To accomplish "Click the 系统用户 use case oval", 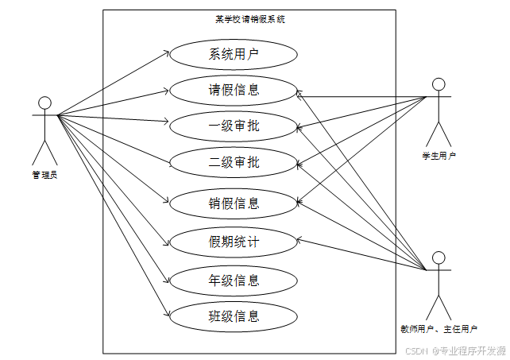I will [x=234, y=55].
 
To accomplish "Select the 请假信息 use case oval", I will [x=234, y=90].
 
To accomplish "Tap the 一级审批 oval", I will [x=234, y=126].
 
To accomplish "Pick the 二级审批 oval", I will [x=234, y=163].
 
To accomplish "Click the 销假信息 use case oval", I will [x=234, y=203].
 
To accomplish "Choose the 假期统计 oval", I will [x=234, y=242].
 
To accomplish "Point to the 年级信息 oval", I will [x=234, y=280].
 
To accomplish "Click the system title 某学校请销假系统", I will [x=249, y=19].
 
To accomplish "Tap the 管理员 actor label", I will [x=44, y=175].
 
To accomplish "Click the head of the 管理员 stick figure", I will [x=44, y=103].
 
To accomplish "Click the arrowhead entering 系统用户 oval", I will [x=168, y=52].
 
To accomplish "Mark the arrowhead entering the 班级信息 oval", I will [x=168, y=314].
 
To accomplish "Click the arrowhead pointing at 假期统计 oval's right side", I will [x=300, y=240].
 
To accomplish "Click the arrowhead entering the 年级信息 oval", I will [x=168, y=280].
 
